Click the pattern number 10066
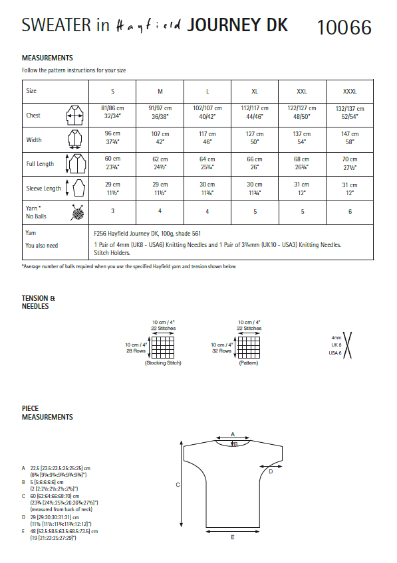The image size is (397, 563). (344, 27)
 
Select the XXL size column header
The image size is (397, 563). (302, 90)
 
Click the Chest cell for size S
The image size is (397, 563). (112, 111)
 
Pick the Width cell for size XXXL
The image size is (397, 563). (349, 137)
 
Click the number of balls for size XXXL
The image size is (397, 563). (349, 211)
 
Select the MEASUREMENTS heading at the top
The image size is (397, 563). (47, 58)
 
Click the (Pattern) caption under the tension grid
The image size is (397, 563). (248, 363)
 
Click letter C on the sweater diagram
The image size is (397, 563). (178, 485)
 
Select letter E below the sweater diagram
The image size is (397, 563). (232, 537)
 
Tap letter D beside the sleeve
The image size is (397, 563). (271, 471)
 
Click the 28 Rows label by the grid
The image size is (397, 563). (136, 351)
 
